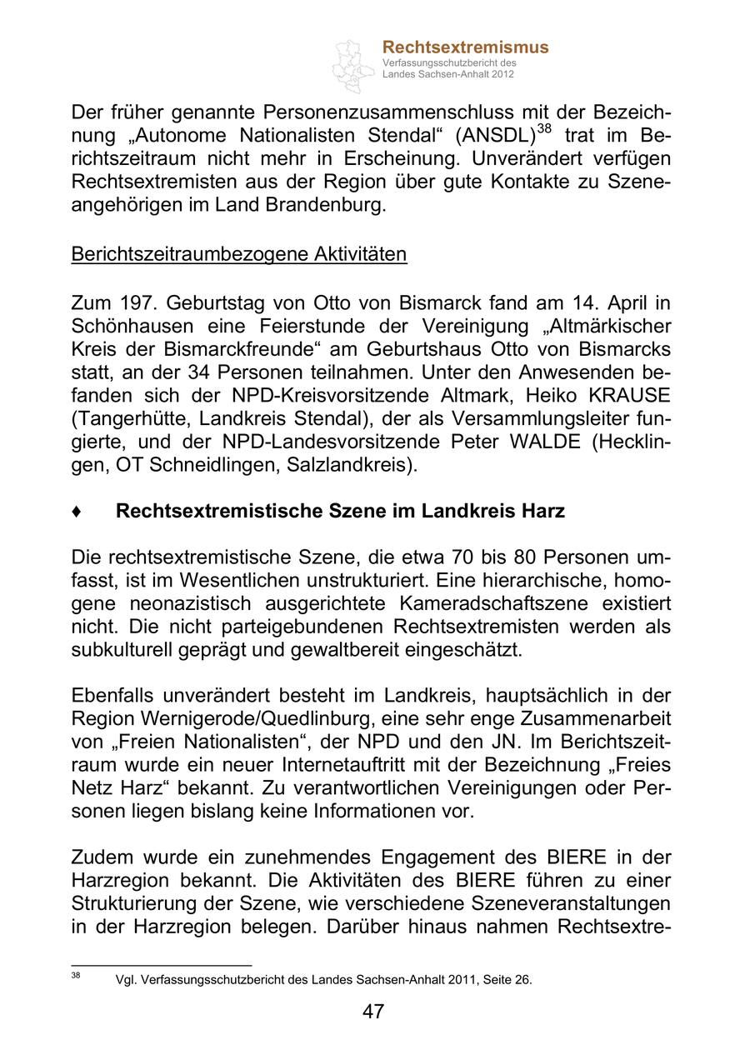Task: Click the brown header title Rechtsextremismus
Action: pyautogui.click(x=465, y=47)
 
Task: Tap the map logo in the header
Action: pyautogui.click(x=354, y=64)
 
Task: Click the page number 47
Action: pyautogui.click(x=373, y=1012)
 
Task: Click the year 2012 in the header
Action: pyautogui.click(x=502, y=74)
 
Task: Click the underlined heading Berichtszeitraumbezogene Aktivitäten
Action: pyautogui.click(x=239, y=254)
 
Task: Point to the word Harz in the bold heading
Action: pyautogui.click(x=542, y=511)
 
